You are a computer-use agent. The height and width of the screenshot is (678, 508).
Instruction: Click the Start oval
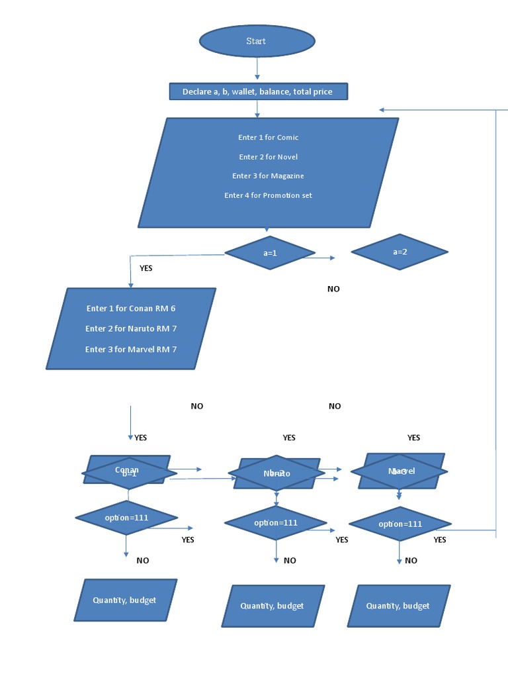257,41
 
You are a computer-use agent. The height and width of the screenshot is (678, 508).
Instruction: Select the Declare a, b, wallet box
257,92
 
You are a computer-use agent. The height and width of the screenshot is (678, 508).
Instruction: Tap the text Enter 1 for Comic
268,138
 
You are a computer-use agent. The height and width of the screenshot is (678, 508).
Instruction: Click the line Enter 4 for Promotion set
268,195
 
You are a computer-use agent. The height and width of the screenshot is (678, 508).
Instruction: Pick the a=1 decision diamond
269,252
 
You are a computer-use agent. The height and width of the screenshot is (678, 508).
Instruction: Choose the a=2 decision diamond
400,252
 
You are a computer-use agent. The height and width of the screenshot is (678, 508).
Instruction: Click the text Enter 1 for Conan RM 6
131,309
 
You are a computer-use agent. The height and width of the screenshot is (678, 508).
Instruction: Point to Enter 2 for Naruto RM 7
131,329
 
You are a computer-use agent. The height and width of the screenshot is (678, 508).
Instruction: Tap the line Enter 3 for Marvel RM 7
131,349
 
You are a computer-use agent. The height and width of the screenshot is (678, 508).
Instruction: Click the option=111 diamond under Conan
126,518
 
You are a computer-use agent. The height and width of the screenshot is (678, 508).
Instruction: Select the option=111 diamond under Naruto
276,523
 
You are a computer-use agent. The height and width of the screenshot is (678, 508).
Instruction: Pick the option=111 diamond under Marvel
400,524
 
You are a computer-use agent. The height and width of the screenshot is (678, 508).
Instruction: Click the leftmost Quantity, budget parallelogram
125,601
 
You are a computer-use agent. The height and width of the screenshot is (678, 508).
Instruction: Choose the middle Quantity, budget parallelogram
273,606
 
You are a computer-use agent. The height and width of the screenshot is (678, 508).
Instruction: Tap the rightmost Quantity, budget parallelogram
398,606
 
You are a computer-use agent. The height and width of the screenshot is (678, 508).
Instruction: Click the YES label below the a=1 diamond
146,269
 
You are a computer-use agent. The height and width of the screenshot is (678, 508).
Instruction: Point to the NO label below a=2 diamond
333,289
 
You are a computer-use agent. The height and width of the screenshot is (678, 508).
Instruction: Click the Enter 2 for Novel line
268,157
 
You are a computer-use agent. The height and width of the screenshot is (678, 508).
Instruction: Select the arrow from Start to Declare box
257,70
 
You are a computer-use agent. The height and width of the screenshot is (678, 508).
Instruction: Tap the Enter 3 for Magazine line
268,176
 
